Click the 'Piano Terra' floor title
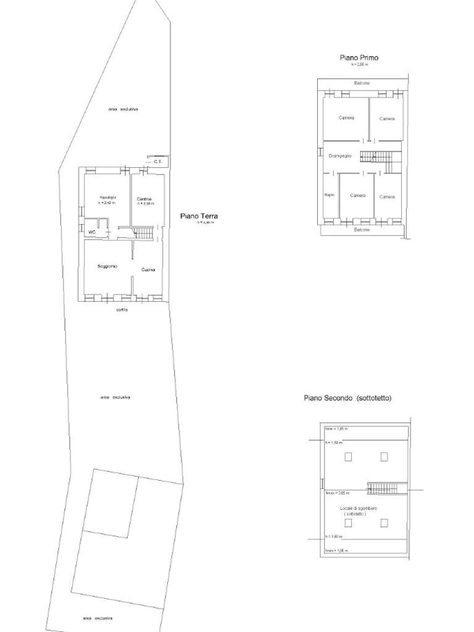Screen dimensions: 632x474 pyautogui.click(x=199, y=216)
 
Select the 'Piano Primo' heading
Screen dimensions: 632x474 pyautogui.click(x=359, y=57)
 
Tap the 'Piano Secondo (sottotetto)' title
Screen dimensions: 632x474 pyautogui.click(x=347, y=398)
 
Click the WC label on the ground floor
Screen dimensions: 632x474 pyautogui.click(x=92, y=232)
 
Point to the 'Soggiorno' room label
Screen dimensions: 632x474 pyautogui.click(x=107, y=266)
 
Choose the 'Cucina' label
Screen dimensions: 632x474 pyautogui.click(x=148, y=270)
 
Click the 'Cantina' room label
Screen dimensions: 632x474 pyautogui.click(x=144, y=199)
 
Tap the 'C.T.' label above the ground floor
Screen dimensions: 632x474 pyautogui.click(x=158, y=162)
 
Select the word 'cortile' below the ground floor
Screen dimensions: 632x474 pyautogui.click(x=122, y=309)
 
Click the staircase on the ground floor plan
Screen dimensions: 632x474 pyautogui.click(x=143, y=233)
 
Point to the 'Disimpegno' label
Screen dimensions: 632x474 pyautogui.click(x=340, y=156)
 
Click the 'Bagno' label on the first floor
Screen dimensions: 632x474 pyautogui.click(x=329, y=196)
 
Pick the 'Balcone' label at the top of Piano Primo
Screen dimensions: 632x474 pyautogui.click(x=362, y=83)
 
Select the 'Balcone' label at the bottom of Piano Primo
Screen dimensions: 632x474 pyautogui.click(x=362, y=230)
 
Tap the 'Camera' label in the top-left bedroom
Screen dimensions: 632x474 pyautogui.click(x=346, y=118)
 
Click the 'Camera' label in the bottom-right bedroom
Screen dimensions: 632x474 pyautogui.click(x=387, y=196)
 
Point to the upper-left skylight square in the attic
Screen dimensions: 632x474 pyautogui.click(x=348, y=457)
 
